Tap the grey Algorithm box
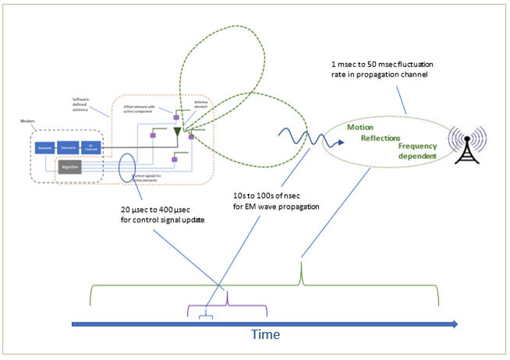[x=69, y=167]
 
